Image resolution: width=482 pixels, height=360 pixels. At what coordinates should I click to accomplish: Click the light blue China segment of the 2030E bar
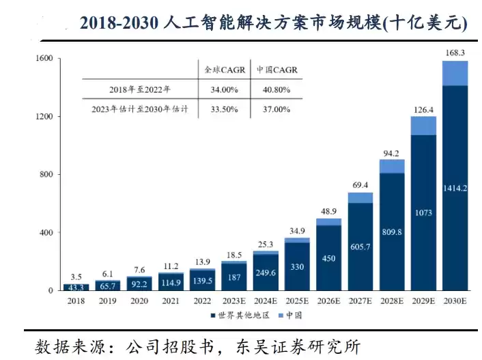[455, 73]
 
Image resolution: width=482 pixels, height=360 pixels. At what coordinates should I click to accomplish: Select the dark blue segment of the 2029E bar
[423, 212]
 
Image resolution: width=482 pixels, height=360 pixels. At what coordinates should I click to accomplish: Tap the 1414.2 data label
[455, 188]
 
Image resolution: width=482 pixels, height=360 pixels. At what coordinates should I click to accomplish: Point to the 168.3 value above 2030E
[455, 53]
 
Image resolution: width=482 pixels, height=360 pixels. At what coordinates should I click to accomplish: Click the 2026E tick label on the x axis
[328, 301]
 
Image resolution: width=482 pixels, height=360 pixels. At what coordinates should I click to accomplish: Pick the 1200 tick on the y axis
[44, 116]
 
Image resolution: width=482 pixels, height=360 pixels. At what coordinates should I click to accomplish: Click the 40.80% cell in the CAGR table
[277, 90]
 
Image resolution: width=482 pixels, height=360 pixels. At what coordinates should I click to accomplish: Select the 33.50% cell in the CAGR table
[224, 109]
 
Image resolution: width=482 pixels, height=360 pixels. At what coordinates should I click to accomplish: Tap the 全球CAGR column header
[225, 70]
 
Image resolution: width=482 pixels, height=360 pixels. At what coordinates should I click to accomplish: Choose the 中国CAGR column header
[277, 70]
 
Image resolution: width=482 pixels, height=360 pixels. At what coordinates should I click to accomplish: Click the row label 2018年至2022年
[140, 89]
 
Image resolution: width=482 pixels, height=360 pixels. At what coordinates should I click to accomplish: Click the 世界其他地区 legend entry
[240, 315]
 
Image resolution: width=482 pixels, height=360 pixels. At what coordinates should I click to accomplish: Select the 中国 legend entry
[290, 315]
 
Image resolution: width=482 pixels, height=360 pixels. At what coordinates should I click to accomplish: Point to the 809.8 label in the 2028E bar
[392, 232]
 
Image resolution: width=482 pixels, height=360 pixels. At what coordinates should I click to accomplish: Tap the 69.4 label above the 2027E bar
[360, 185]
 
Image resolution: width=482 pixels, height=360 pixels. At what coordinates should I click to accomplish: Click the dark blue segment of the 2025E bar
[297, 266]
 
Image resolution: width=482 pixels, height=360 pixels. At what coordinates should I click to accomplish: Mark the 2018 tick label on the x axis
[76, 301]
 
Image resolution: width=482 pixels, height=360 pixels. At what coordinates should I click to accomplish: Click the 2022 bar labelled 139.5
[202, 279]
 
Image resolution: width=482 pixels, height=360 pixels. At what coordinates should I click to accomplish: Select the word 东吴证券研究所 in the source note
[298, 347]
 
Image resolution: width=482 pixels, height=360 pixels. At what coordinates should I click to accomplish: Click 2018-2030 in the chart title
[119, 23]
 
